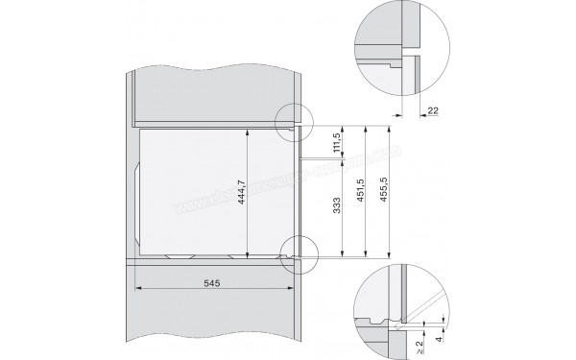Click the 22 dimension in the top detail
[431, 110]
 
